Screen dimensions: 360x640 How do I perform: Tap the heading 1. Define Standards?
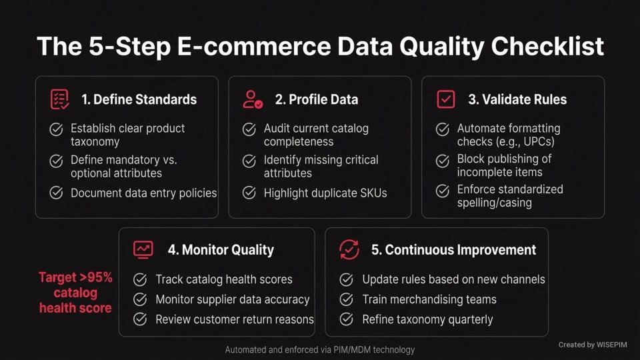(x=139, y=99)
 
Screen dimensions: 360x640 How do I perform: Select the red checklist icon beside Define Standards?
(x=59, y=99)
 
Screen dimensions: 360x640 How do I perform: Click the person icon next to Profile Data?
(x=253, y=99)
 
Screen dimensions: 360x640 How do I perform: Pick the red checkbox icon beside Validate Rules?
(x=445, y=99)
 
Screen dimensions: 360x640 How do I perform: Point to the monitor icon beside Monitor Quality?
(x=143, y=250)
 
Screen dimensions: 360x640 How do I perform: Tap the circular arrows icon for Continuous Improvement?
(x=349, y=250)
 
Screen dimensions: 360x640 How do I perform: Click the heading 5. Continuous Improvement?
(x=453, y=250)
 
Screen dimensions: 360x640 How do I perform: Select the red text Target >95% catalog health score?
(x=76, y=293)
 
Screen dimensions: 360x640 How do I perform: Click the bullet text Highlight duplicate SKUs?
(x=325, y=193)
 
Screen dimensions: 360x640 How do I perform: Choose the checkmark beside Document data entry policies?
(x=57, y=193)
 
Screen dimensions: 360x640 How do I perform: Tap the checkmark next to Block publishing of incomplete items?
(x=443, y=161)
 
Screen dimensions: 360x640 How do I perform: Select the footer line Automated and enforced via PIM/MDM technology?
(x=320, y=349)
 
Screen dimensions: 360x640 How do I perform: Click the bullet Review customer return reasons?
(x=234, y=319)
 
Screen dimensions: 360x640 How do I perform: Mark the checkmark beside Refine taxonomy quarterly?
(x=347, y=319)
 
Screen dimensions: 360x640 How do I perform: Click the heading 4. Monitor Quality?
(x=221, y=250)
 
